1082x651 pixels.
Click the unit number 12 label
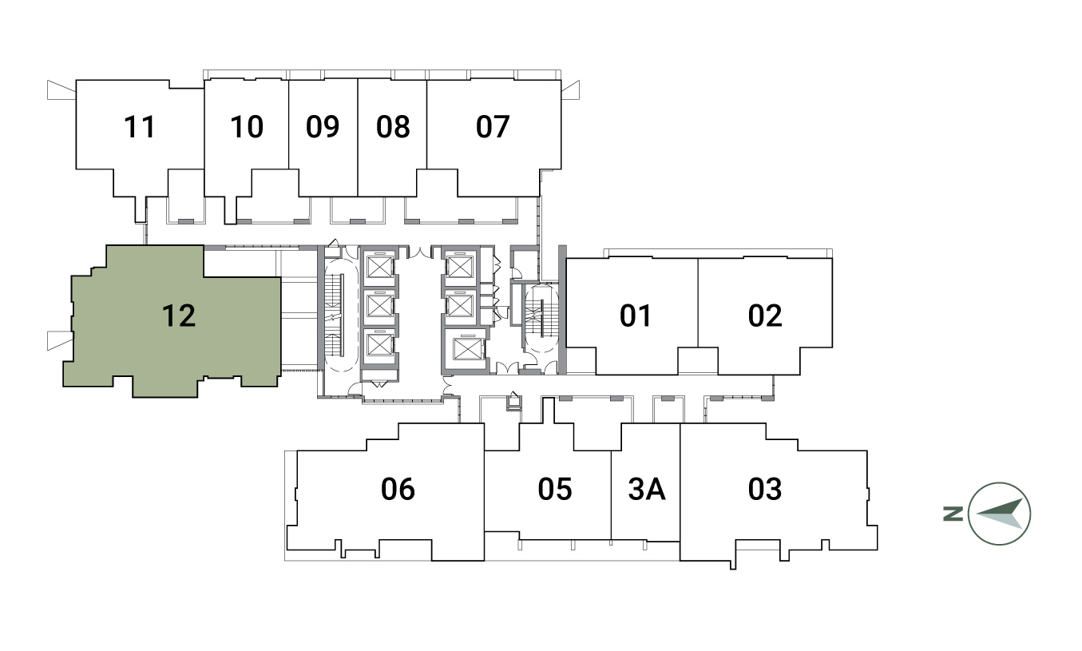pyautogui.click(x=179, y=316)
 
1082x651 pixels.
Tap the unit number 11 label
pyautogui.click(x=140, y=127)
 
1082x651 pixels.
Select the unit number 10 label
pyautogui.click(x=247, y=127)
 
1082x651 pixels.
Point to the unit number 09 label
pyautogui.click(x=323, y=127)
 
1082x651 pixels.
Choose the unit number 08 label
pyautogui.click(x=393, y=127)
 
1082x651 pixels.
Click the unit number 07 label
pyautogui.click(x=493, y=127)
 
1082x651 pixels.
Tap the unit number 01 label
pyautogui.click(x=636, y=316)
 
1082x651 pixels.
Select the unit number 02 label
pyautogui.click(x=765, y=316)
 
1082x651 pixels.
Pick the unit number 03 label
pyautogui.click(x=765, y=489)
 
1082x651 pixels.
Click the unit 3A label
pyautogui.click(x=648, y=489)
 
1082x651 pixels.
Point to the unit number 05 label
pyautogui.click(x=555, y=489)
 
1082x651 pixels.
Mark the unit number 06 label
pyautogui.click(x=398, y=489)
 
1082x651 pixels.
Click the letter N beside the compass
pyautogui.click(x=953, y=514)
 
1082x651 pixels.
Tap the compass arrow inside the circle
pyautogui.click(x=1000, y=514)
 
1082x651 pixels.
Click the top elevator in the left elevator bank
pyautogui.click(x=379, y=267)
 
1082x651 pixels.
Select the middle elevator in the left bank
pyautogui.click(x=379, y=305)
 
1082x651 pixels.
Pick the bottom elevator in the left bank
pyautogui.click(x=379, y=344)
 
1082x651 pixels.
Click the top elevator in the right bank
pyautogui.click(x=460, y=267)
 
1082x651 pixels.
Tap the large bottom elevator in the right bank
pyautogui.click(x=467, y=349)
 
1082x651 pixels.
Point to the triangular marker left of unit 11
pyautogui.click(x=61, y=90)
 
